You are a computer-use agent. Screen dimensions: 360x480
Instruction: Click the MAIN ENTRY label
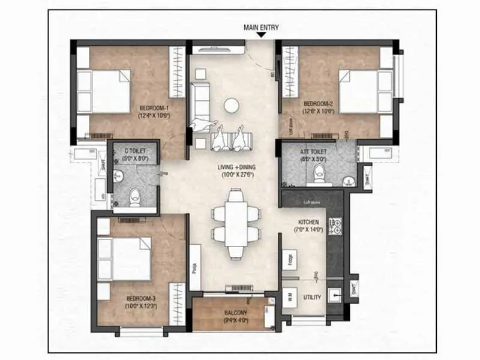261,28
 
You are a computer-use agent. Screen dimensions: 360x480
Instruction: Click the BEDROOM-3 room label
141,301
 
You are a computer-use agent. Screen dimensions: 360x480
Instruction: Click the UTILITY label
312,297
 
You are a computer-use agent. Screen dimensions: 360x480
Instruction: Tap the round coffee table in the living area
232,106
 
